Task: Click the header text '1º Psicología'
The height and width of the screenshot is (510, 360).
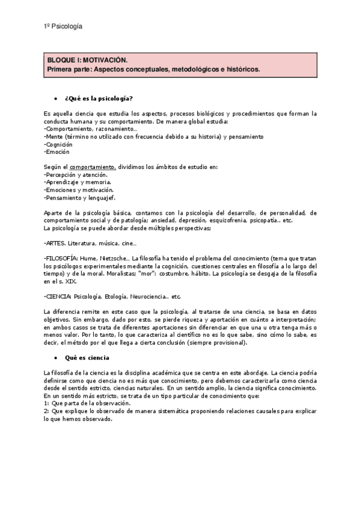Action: point(64,26)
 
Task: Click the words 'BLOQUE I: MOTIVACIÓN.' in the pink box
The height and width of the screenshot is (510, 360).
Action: point(88,61)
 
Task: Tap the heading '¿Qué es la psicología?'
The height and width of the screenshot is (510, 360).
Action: point(99,98)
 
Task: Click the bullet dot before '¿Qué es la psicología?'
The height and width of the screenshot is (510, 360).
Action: point(55,98)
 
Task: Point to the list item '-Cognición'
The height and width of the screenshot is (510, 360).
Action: point(58,144)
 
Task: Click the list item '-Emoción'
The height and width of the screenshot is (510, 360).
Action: point(56,152)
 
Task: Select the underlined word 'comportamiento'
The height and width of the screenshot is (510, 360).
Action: point(92,167)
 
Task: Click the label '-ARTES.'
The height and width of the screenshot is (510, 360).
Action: point(55,243)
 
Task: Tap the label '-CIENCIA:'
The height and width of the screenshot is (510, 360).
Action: point(58,296)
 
